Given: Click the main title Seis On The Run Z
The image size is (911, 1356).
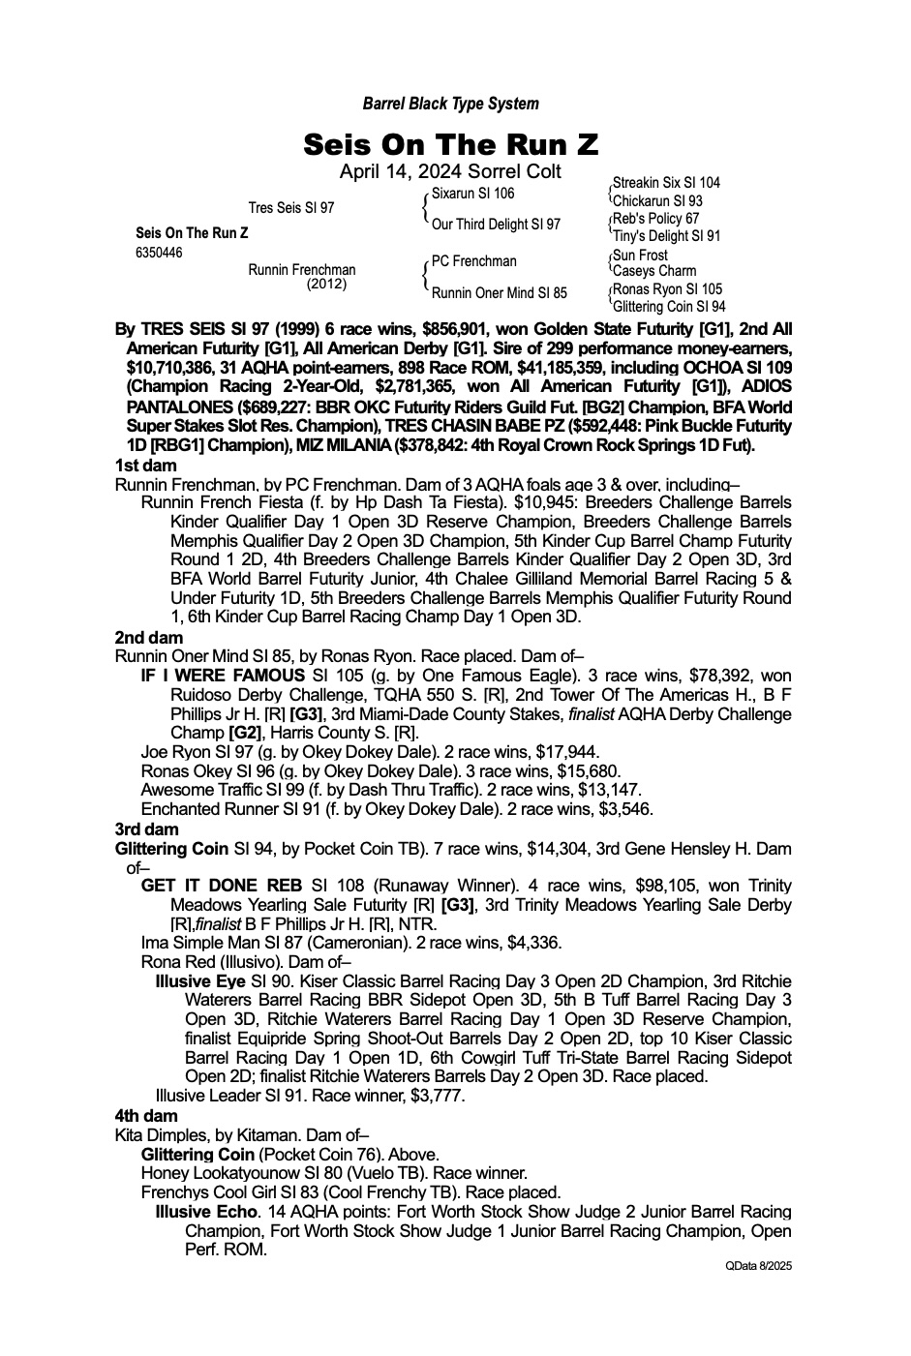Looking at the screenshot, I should [450, 145].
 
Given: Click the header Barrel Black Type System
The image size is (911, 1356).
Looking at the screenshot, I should [450, 104].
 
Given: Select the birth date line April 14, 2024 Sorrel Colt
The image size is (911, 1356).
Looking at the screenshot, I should [450, 171].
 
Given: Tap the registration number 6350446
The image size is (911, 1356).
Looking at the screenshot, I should [159, 254].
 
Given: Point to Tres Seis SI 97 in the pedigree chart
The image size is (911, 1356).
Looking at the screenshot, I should [291, 208].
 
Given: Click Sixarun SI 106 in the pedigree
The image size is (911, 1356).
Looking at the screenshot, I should [473, 194].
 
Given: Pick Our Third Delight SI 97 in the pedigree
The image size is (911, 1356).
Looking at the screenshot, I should [496, 225].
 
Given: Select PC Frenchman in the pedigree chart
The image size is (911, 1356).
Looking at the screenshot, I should [474, 261].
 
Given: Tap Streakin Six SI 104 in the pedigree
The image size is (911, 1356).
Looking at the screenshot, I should [666, 183].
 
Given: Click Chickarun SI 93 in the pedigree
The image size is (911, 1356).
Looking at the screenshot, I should [657, 201].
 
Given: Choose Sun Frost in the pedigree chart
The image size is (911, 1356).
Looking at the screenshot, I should [640, 256].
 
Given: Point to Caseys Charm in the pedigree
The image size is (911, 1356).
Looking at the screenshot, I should [654, 272].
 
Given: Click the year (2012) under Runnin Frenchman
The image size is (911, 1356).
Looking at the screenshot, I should [326, 285].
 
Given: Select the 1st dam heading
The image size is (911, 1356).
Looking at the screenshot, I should [145, 466].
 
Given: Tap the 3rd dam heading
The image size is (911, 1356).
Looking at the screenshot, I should [146, 829].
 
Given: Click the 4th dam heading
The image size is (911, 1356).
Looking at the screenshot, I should [146, 1116].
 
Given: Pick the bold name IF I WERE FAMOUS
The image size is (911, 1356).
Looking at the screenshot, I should [223, 676].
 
